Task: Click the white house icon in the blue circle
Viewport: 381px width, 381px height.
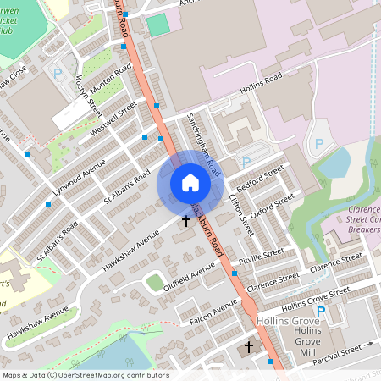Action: pyautogui.click(x=190, y=183)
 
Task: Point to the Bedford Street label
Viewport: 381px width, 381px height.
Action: pyautogui.click(x=261, y=178)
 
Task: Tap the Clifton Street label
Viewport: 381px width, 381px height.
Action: pyautogui.click(x=240, y=215)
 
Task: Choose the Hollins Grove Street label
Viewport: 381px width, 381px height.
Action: pyautogui.click(x=315, y=297)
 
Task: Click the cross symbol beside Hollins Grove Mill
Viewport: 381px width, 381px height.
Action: pyautogui.click(x=249, y=347)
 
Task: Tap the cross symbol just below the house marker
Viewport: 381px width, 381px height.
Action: pyautogui.click(x=186, y=220)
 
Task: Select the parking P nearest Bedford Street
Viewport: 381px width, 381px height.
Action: pyautogui.click(x=246, y=162)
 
